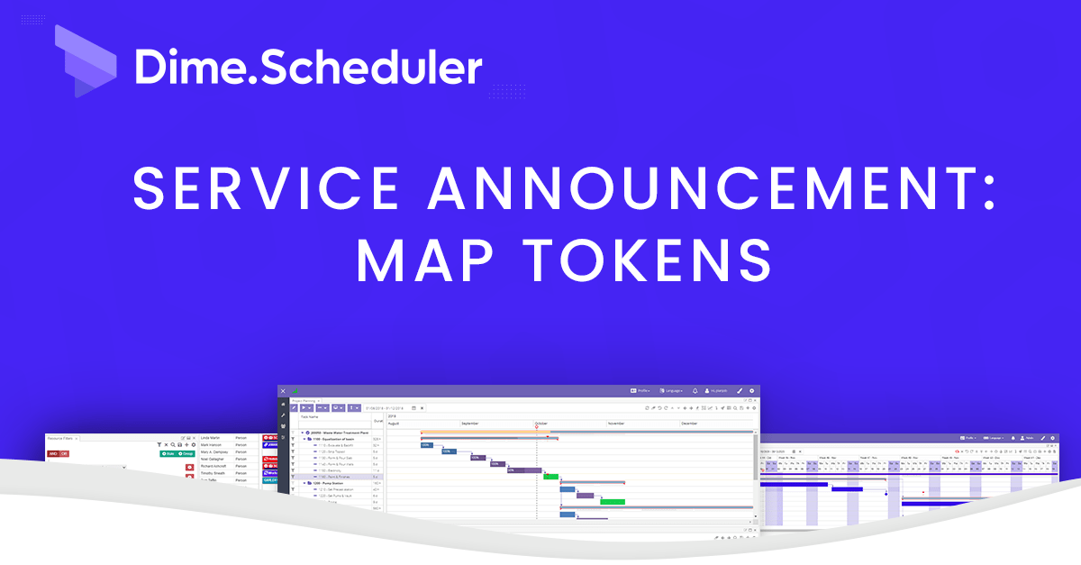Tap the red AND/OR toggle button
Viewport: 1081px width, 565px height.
pos(58,453)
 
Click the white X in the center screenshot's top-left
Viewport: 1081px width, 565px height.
pos(283,391)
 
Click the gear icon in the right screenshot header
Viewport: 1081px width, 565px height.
pos(1053,438)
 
